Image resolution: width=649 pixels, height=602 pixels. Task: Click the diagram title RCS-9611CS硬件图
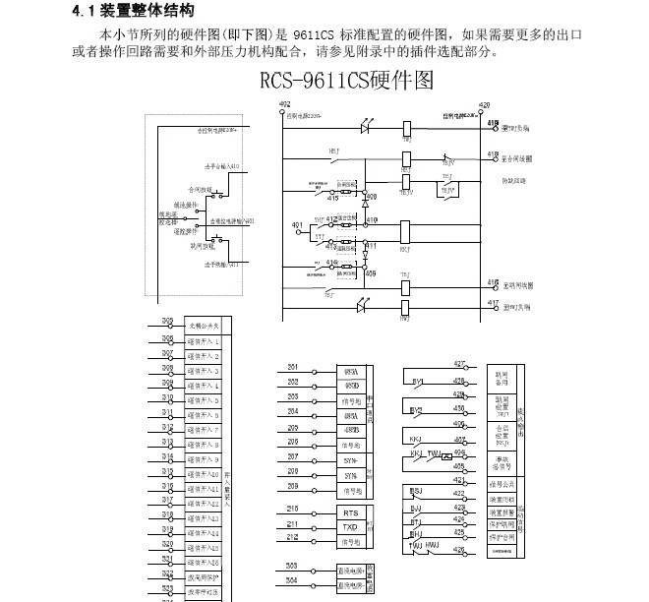(x=347, y=80)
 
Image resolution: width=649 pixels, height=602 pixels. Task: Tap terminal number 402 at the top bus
(x=284, y=103)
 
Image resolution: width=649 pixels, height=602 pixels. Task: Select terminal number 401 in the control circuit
(x=298, y=225)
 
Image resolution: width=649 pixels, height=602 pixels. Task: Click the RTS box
(x=350, y=512)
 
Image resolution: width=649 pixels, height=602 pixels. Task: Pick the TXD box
(x=350, y=527)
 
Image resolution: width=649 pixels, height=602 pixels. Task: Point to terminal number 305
(x=167, y=322)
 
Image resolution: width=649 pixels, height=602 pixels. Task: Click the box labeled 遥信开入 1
(x=204, y=340)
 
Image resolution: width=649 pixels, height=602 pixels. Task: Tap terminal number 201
(x=292, y=367)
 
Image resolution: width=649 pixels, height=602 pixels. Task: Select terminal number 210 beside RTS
(x=292, y=509)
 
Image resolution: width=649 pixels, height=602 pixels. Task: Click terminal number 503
(x=292, y=566)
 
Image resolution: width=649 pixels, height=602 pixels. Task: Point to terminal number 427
(x=459, y=364)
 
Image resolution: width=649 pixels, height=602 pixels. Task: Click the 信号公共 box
(x=502, y=484)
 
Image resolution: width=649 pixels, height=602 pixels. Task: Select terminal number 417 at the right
(x=493, y=303)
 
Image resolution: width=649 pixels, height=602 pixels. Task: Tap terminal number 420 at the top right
(x=484, y=104)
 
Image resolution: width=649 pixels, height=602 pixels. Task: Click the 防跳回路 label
(x=516, y=182)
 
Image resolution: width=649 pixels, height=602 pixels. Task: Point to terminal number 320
(x=167, y=544)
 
